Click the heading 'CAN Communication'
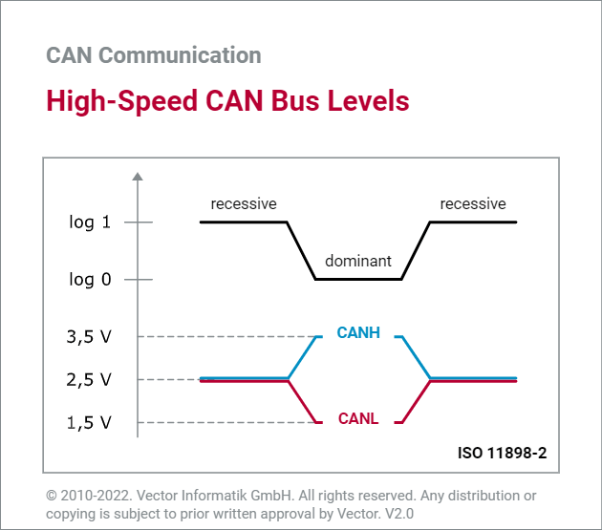pyautogui.click(x=153, y=54)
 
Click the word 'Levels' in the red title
pyautogui.click(x=367, y=100)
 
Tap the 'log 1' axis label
pyautogui.click(x=90, y=223)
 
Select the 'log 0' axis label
pyautogui.click(x=90, y=280)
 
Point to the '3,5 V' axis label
pyautogui.click(x=89, y=336)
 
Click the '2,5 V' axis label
pyautogui.click(x=89, y=379)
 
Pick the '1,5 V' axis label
pyautogui.click(x=89, y=422)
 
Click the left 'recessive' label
pyautogui.click(x=244, y=203)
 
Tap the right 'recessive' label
pyautogui.click(x=473, y=203)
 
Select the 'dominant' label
pyautogui.click(x=358, y=261)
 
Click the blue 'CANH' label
pyautogui.click(x=358, y=333)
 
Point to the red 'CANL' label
pyautogui.click(x=358, y=418)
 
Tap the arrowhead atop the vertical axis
pyautogui.click(x=138, y=177)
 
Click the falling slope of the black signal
pyautogui.click(x=301, y=250)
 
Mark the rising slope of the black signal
pyautogui.click(x=416, y=250)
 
